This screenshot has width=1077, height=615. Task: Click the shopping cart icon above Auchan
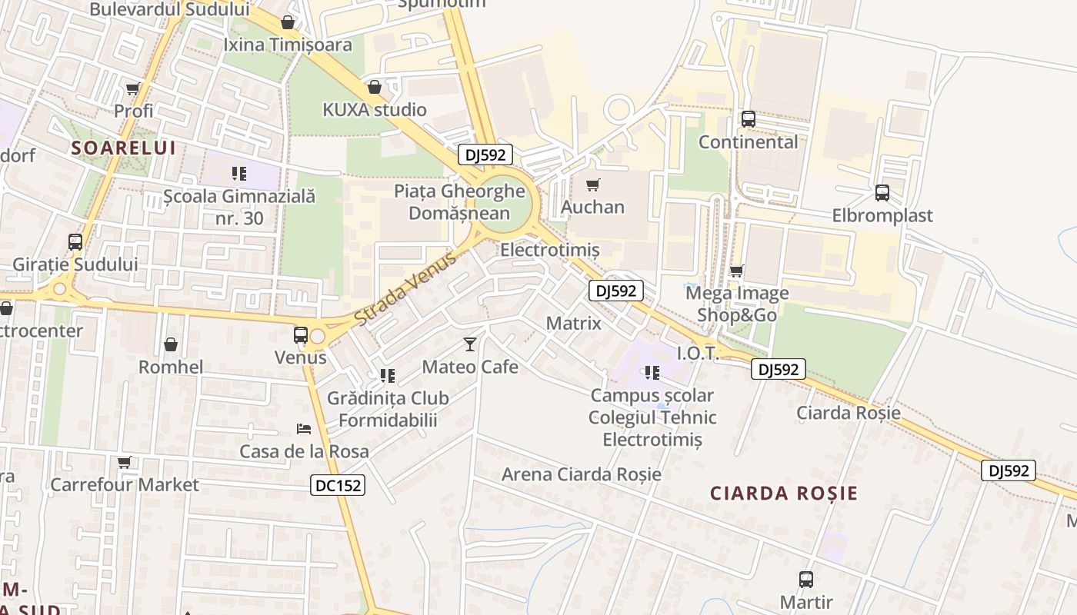click(592, 184)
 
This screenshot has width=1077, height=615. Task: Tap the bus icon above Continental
click(748, 119)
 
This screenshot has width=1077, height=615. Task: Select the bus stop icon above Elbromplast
click(882, 193)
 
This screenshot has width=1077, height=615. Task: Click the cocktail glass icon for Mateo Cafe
click(470, 344)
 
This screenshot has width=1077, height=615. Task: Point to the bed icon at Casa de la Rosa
click(304, 428)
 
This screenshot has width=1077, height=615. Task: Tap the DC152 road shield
click(338, 485)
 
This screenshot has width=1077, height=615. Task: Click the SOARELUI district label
click(124, 148)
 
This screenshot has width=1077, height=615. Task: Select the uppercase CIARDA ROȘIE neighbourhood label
click(783, 494)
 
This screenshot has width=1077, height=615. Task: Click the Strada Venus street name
click(405, 288)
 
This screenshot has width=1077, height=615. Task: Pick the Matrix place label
click(574, 324)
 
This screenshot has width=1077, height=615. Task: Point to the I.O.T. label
click(697, 353)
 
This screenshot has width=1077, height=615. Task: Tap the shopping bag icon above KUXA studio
click(375, 87)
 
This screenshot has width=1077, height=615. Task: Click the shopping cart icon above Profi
click(133, 89)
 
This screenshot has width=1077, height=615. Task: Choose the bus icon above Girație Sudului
click(75, 242)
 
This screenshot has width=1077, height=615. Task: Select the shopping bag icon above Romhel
click(171, 344)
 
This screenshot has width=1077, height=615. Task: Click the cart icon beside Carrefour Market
click(125, 463)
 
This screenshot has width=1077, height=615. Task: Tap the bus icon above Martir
click(806, 580)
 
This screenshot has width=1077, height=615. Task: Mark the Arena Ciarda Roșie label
click(581, 474)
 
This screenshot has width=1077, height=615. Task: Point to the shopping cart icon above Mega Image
click(737, 271)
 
